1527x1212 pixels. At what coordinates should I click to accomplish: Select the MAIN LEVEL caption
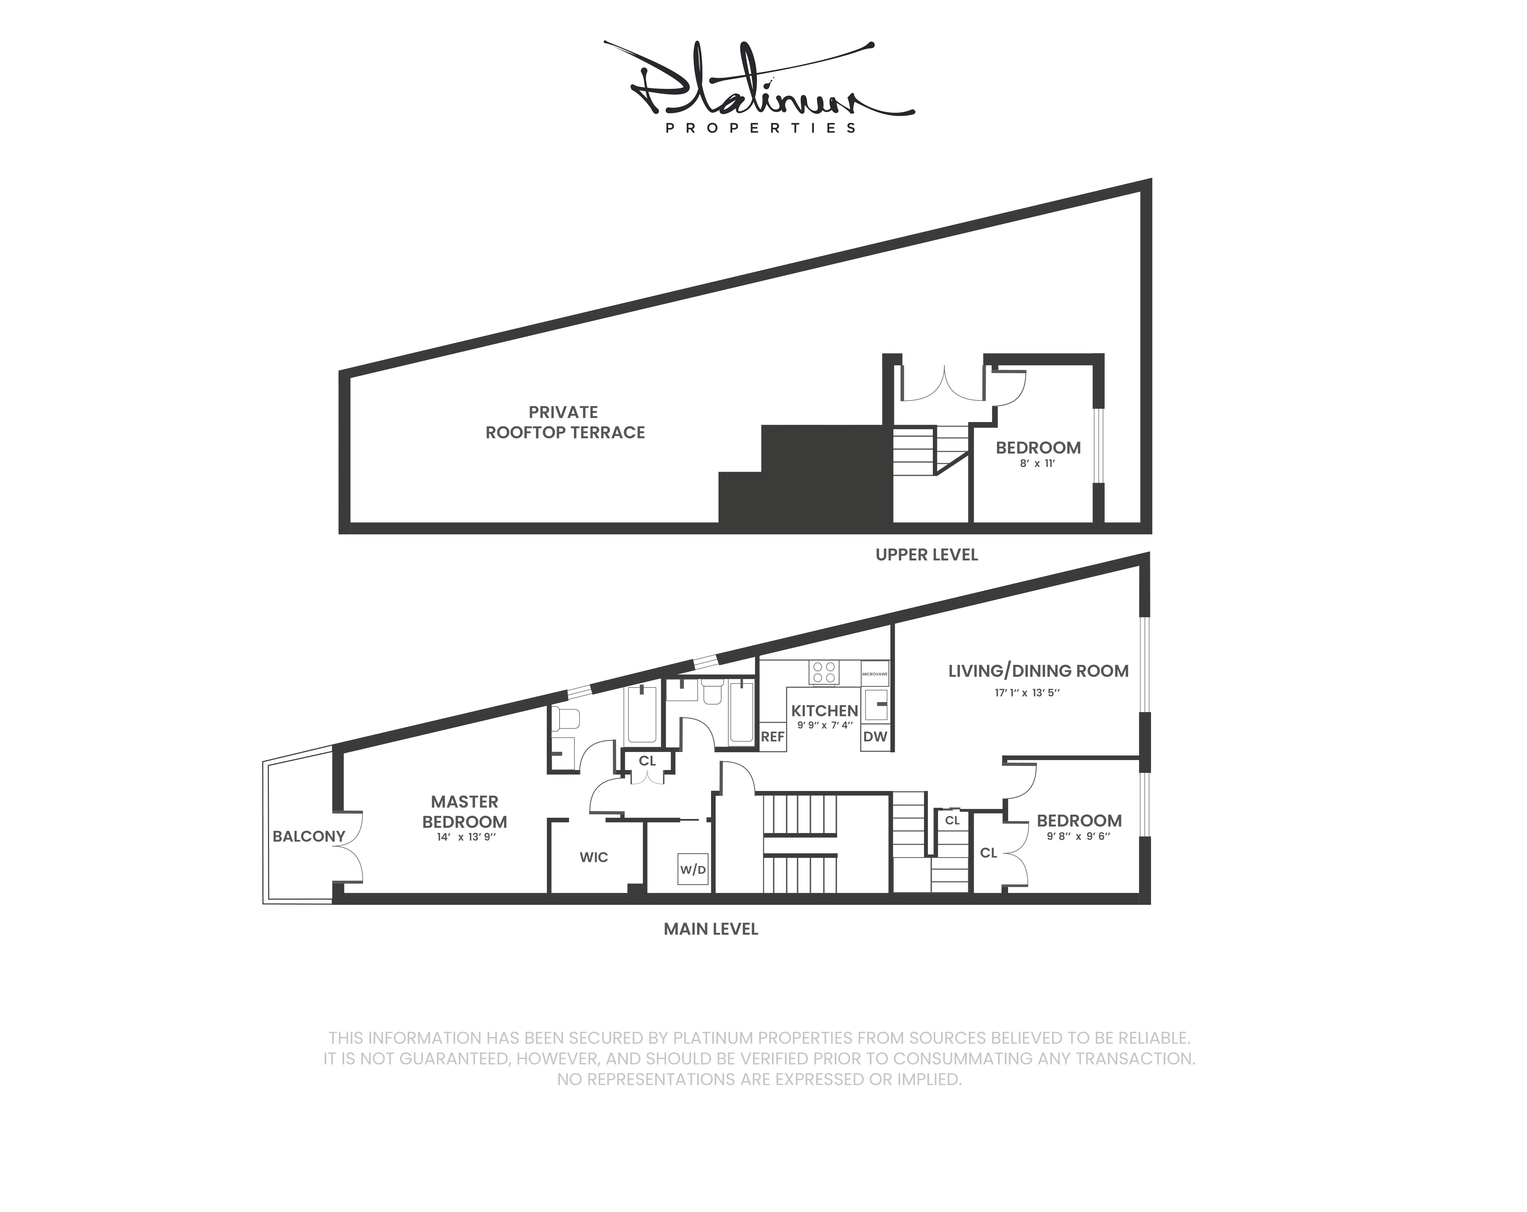point(710,929)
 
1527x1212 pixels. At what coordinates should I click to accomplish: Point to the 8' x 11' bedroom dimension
point(1038,464)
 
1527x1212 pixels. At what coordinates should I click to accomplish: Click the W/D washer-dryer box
point(693,869)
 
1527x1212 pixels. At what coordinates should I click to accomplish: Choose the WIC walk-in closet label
point(594,857)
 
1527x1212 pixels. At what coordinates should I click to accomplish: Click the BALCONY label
point(309,836)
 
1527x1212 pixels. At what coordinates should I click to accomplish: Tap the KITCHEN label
point(824,710)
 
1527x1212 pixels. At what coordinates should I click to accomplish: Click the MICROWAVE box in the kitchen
point(875,673)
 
